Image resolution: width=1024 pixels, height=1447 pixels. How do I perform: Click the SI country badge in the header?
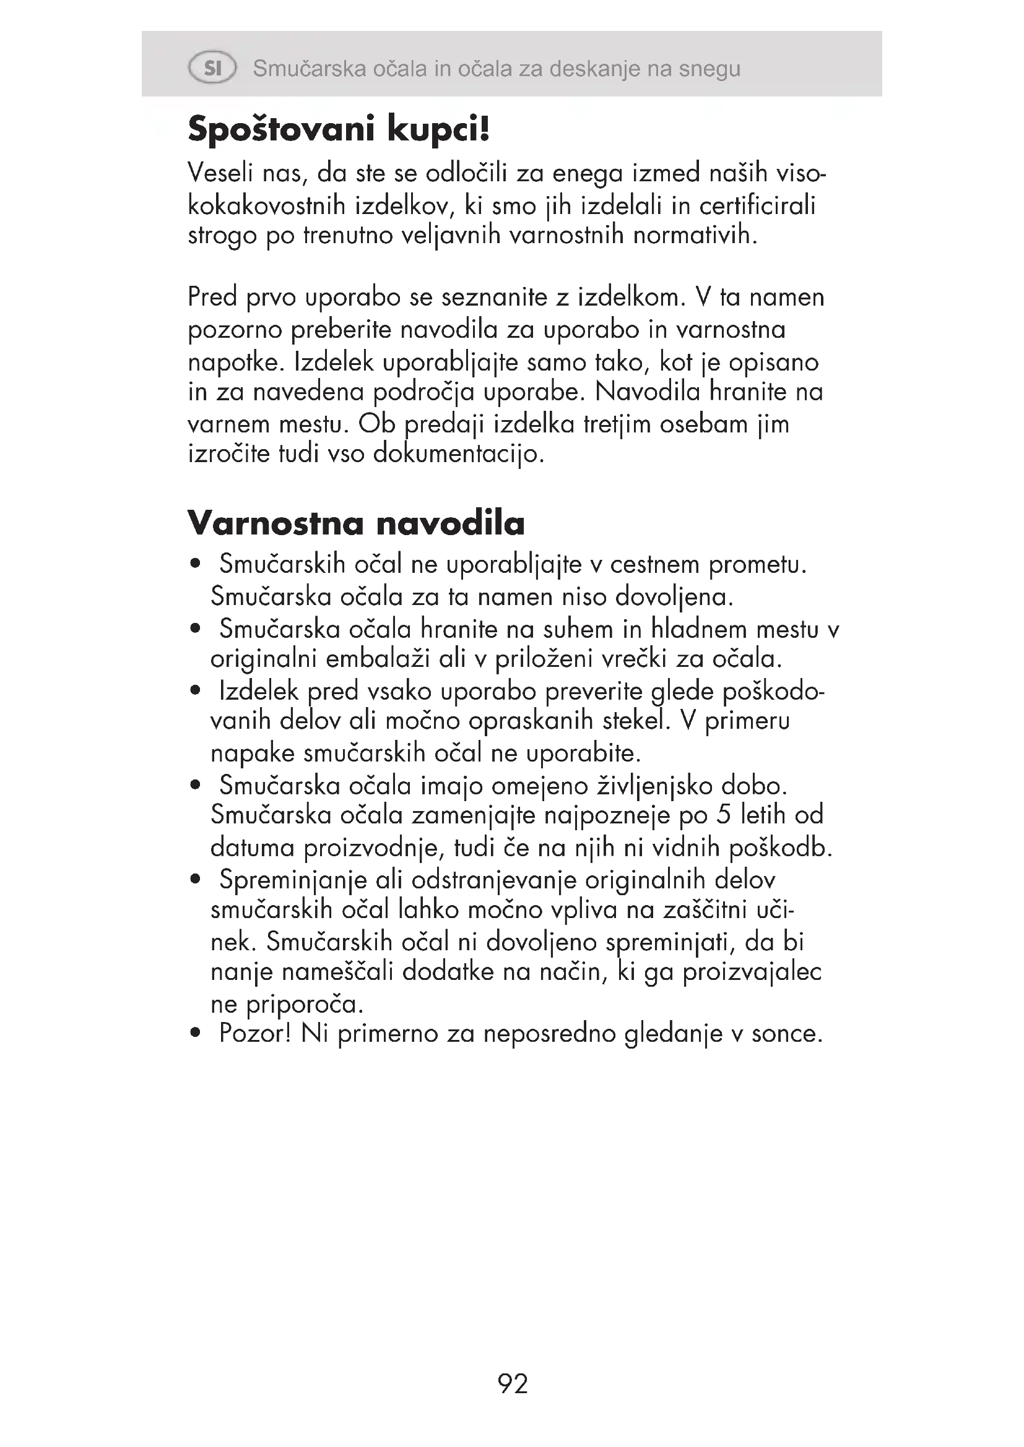(212, 68)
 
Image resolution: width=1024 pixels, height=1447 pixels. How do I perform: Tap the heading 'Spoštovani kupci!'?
(339, 131)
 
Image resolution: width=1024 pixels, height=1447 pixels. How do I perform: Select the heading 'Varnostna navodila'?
(356, 523)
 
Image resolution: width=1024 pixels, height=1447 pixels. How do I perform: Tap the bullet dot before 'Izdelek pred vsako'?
(196, 692)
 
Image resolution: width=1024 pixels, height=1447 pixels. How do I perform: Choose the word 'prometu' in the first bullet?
(757, 565)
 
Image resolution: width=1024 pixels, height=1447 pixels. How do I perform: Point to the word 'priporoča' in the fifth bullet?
(303, 1004)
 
